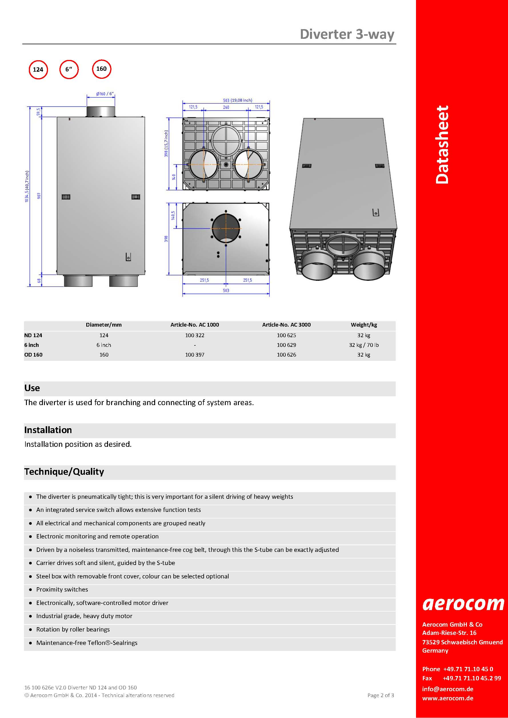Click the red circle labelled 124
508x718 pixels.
[x=38, y=69]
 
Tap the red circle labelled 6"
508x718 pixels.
[x=69, y=69]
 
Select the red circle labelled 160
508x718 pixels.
[x=101, y=69]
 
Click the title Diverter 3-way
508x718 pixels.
[x=347, y=34]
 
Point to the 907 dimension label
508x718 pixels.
[x=39, y=196]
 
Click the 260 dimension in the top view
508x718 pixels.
[x=226, y=107]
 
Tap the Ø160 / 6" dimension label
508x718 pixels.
[x=105, y=94]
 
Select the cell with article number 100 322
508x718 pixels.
[x=195, y=335]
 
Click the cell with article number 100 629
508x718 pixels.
[x=286, y=345]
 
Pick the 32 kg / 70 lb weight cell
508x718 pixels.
[x=364, y=345]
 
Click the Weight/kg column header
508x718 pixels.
[x=364, y=325]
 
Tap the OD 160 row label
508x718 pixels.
[x=33, y=355]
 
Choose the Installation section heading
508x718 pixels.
[x=48, y=430]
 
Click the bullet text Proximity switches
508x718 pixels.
[x=62, y=590]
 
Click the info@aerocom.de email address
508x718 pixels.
[x=448, y=689]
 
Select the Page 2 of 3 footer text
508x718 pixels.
[x=381, y=695]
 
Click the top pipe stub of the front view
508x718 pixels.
[x=101, y=111]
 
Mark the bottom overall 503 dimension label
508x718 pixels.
[x=226, y=291]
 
